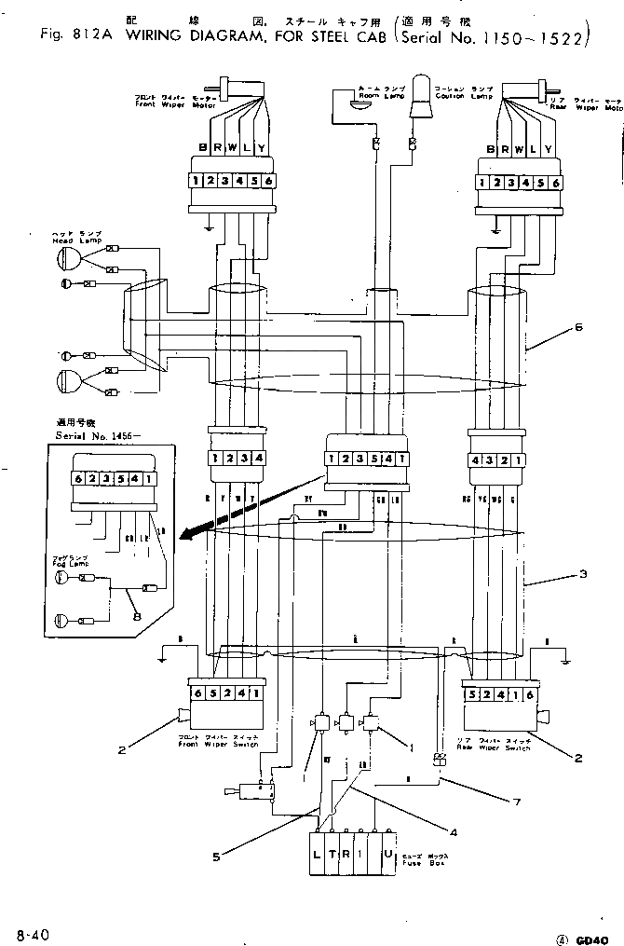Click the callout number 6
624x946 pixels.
point(578,327)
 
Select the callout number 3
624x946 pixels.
point(583,575)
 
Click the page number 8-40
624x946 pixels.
point(30,932)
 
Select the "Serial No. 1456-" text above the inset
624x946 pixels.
point(88,435)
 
